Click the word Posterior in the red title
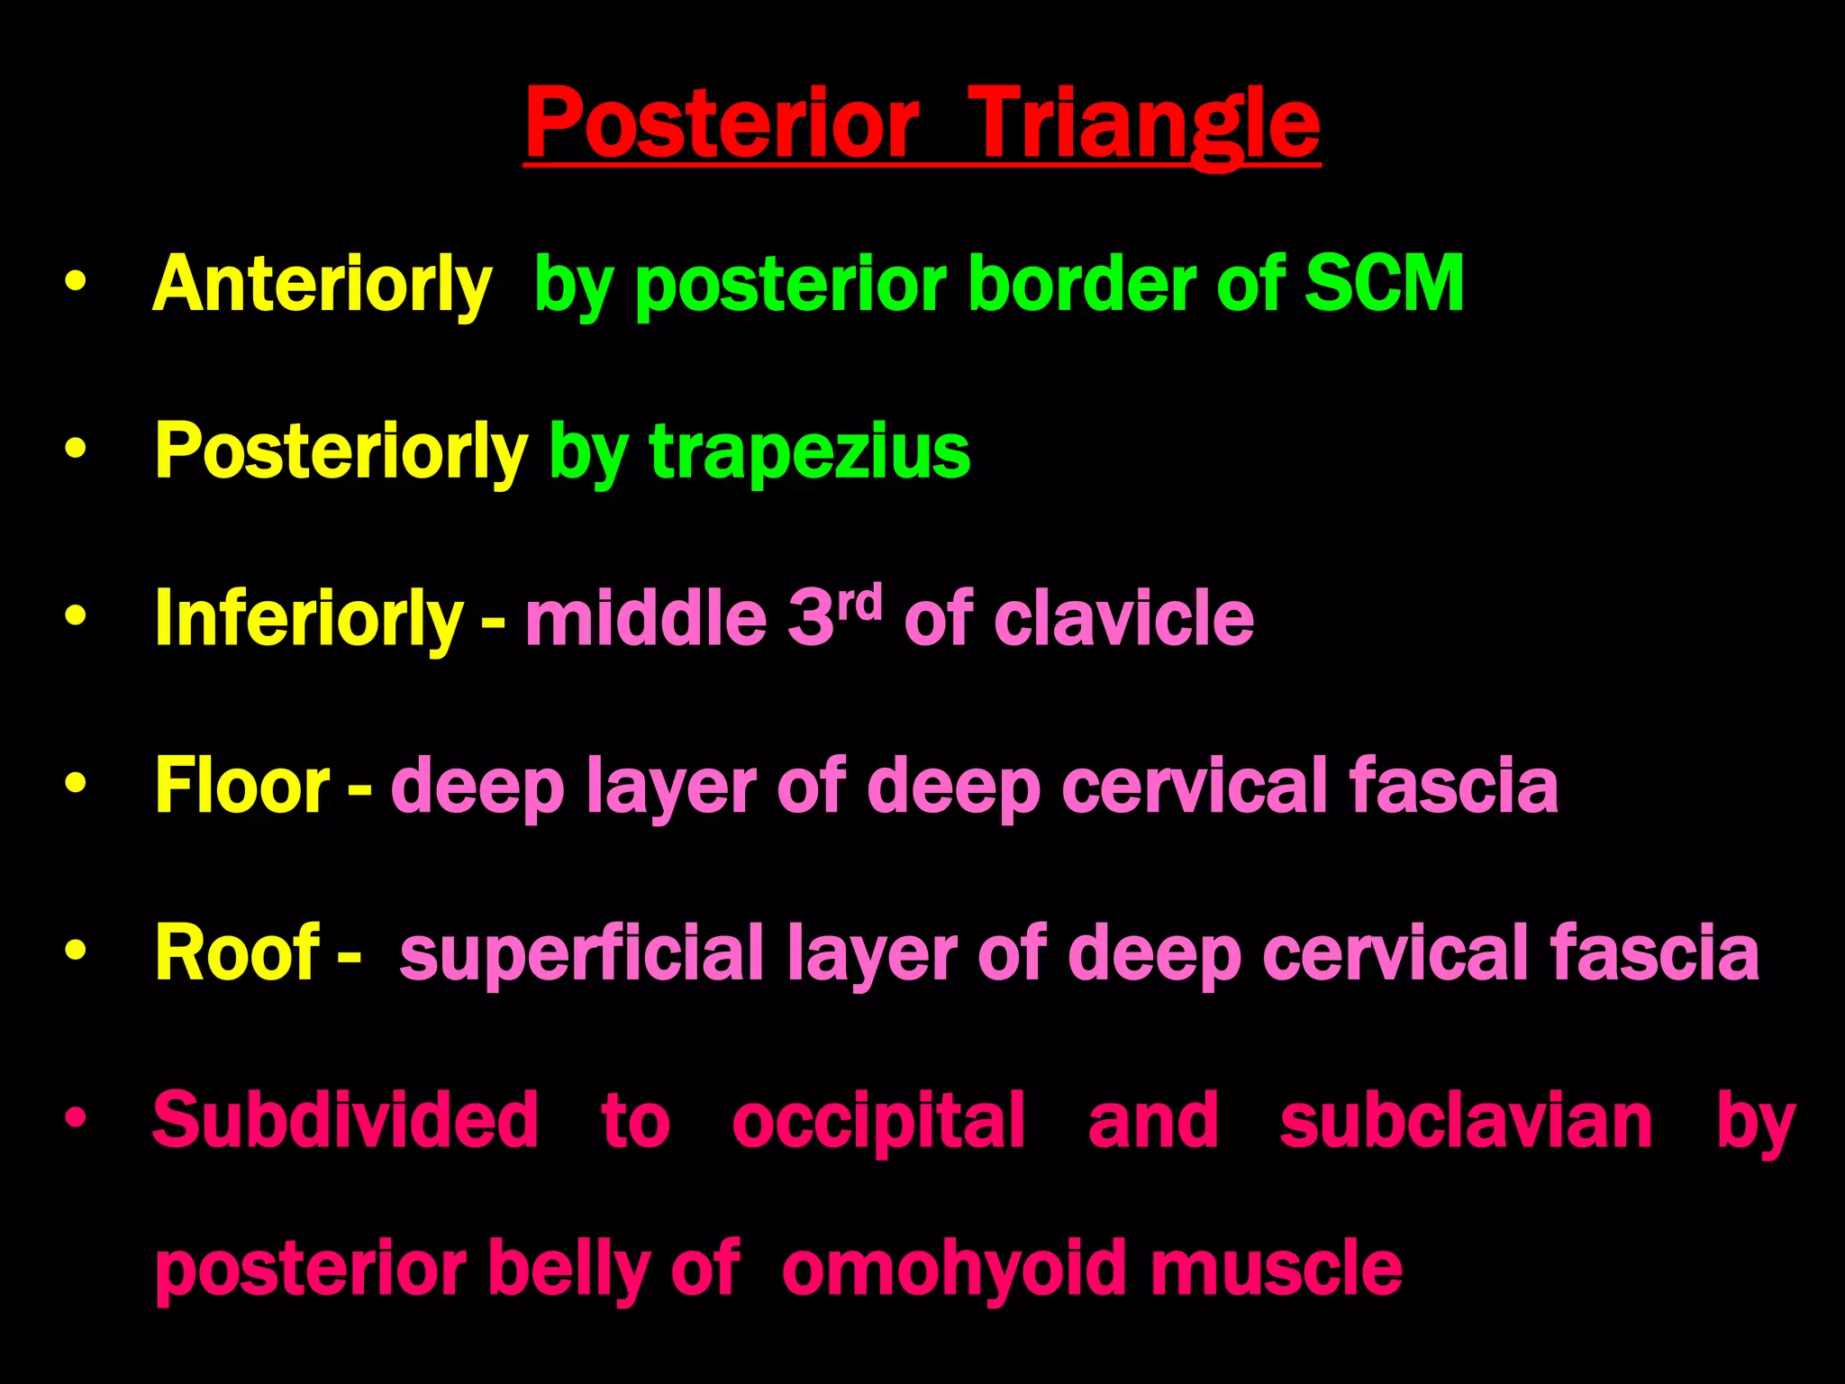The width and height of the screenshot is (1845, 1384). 722,124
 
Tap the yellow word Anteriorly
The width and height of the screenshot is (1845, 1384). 323,285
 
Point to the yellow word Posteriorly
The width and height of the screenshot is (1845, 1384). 341,451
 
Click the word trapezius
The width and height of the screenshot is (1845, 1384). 809,453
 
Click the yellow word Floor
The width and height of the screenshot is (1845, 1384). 242,786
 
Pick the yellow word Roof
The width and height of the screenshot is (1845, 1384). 237,952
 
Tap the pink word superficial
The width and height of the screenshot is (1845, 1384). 582,954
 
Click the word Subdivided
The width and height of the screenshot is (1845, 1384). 345,1120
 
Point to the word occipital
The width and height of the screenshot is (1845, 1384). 877,1122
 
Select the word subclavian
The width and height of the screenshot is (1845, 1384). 1466,1120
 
